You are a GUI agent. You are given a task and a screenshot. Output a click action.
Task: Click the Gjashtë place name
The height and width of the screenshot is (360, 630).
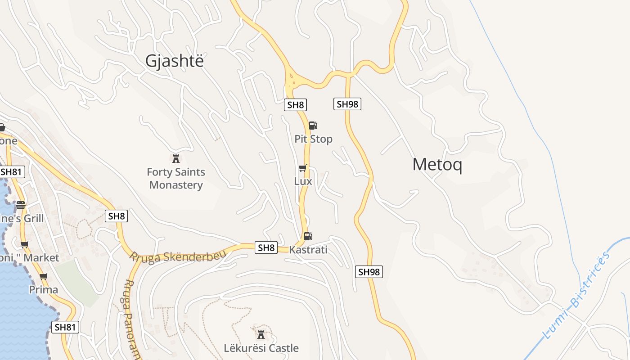pos(174,61)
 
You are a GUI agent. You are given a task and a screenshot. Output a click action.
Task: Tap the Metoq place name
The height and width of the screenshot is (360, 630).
pos(437,165)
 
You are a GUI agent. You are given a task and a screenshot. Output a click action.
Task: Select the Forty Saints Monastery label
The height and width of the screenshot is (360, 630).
pos(176,179)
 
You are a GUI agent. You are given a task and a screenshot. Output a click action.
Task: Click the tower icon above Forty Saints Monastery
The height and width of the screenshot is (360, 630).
pos(176,158)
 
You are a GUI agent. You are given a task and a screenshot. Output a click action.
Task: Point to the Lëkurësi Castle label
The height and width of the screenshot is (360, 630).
pos(261,348)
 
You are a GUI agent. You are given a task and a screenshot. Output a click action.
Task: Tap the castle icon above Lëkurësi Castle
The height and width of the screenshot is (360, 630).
pos(261,334)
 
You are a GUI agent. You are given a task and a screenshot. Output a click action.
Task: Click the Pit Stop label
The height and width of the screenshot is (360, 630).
pos(313,139)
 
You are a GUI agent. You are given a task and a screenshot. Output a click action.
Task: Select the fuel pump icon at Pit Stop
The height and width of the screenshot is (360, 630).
pos(313,126)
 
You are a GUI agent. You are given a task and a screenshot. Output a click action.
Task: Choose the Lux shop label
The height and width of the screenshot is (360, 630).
pos(303,181)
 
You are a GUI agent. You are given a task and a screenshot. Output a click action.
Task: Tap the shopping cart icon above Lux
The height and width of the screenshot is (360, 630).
pos(303,168)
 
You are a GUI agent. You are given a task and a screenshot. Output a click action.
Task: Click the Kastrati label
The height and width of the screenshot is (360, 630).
pos(308,250)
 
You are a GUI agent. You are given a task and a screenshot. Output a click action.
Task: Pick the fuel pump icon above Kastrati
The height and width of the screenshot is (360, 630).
pos(308,236)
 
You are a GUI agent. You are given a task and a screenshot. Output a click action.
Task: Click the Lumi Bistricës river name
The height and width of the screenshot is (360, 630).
pos(577,295)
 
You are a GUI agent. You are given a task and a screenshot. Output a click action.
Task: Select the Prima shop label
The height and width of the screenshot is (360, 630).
pos(44,289)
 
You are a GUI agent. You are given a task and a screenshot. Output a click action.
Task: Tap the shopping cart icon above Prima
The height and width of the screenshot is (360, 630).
pos(43,276)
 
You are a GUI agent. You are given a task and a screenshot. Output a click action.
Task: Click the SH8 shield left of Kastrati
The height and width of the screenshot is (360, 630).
pos(266,247)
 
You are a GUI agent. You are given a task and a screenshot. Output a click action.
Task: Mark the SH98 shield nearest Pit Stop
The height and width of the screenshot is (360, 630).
pos(347,104)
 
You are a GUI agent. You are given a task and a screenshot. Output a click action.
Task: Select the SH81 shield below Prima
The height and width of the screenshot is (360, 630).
pos(65,327)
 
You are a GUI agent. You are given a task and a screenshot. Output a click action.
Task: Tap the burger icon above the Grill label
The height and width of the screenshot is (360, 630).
pos(21,205)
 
